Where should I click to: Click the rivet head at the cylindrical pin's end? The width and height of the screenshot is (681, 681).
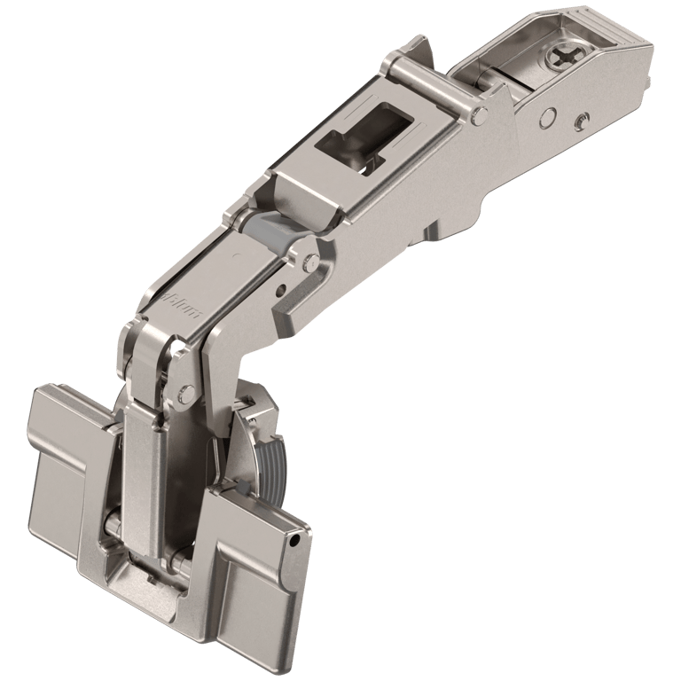(x=479, y=114)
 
